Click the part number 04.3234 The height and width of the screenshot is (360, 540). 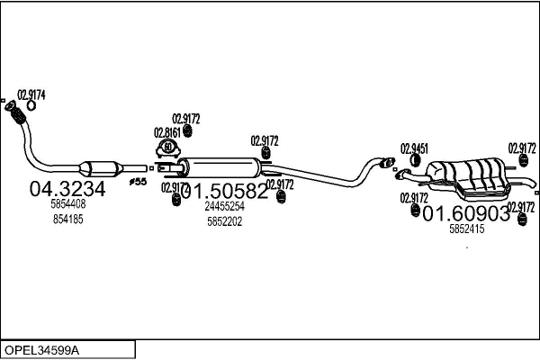point(67,189)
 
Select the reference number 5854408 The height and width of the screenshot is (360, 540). point(67,205)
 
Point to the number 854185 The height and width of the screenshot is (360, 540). point(67,219)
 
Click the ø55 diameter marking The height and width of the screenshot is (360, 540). point(138,181)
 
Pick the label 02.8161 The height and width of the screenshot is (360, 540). point(168,130)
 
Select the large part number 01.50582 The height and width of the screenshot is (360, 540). point(224,191)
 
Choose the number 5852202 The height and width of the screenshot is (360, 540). point(225,220)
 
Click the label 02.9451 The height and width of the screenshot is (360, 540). point(414,148)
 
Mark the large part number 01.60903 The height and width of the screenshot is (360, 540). point(465,213)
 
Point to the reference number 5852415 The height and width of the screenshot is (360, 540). point(466,229)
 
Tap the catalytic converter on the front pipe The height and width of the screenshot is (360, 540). point(100,168)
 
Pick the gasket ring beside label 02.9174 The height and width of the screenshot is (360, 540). point(30,105)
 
